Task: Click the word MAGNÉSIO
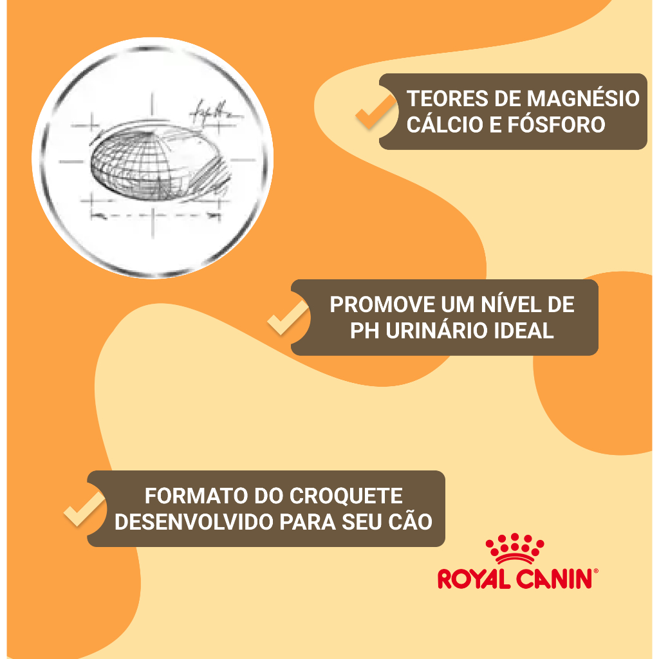point(583,99)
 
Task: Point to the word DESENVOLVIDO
point(194,522)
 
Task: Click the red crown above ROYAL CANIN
point(515,549)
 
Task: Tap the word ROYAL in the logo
point(474,579)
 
